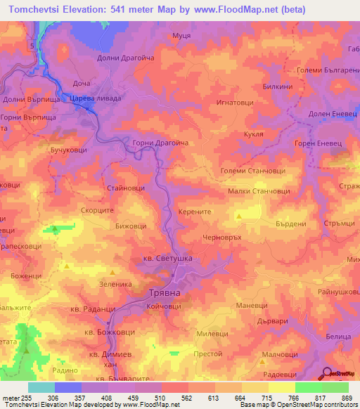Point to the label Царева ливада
(96, 99)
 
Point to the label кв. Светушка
(162, 258)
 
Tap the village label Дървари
(273, 320)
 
